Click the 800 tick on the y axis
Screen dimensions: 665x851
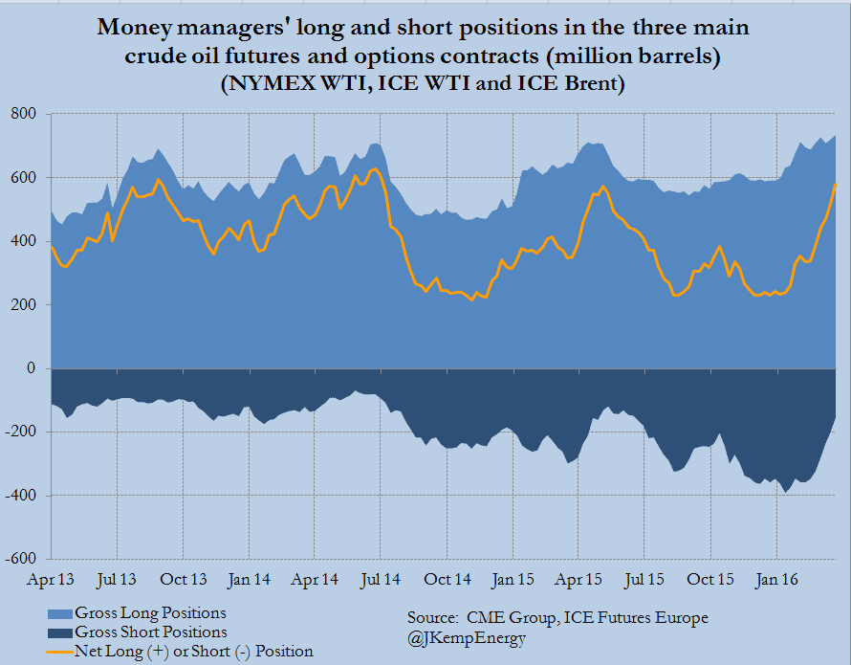click(24, 115)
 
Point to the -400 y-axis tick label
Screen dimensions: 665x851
click(20, 496)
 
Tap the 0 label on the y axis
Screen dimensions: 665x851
click(33, 368)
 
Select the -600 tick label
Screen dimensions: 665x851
click(20, 559)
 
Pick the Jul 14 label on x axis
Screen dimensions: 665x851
click(381, 580)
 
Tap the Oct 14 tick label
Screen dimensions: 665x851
click(447, 580)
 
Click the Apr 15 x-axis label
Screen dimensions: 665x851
click(578, 580)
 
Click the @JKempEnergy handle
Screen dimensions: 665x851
click(467, 638)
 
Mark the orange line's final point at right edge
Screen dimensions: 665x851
click(836, 184)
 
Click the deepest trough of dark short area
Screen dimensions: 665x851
click(787, 492)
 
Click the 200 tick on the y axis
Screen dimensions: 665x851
click(24, 305)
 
